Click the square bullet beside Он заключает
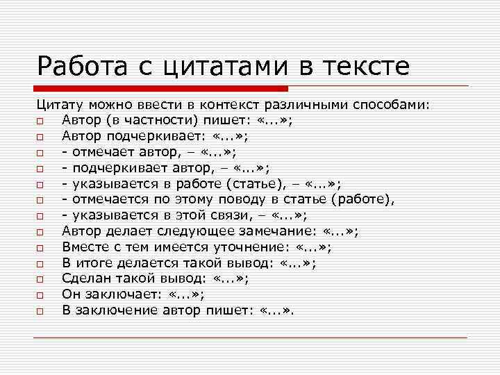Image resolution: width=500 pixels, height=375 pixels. [x=42, y=296]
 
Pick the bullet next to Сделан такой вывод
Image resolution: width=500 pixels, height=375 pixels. [x=42, y=280]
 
